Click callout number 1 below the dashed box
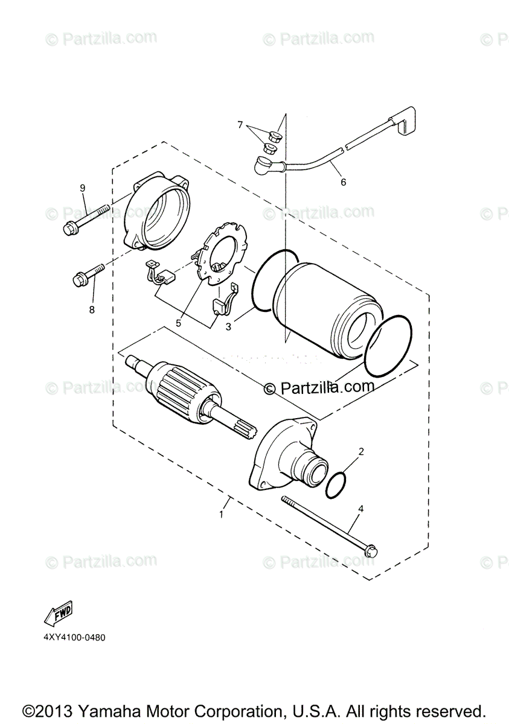(x=222, y=514)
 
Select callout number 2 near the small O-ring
(x=360, y=451)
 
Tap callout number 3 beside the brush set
(x=228, y=327)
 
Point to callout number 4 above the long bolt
(x=360, y=509)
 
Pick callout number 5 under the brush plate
(x=179, y=323)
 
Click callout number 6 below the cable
(x=344, y=182)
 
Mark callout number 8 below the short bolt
(x=92, y=309)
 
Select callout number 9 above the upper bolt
(x=83, y=188)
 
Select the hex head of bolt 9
(x=69, y=229)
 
